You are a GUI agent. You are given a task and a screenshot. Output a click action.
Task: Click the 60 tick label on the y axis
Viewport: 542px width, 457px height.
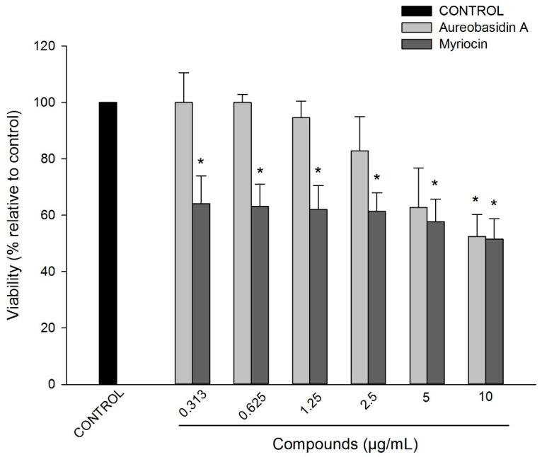[57, 215]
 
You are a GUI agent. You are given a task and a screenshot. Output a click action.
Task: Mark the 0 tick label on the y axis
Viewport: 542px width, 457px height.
[60, 384]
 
